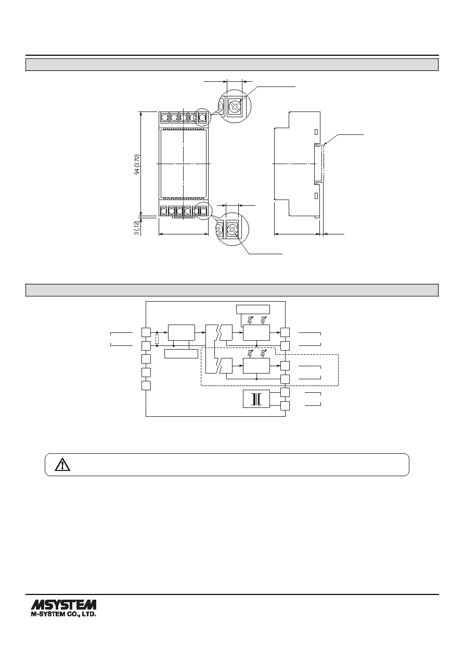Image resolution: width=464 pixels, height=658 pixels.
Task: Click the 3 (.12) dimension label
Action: point(136,228)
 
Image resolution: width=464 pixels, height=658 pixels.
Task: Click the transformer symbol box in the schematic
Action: point(256,399)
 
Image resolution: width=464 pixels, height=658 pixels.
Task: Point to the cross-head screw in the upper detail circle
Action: point(234,106)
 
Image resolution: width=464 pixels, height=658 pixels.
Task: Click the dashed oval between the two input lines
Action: point(157,339)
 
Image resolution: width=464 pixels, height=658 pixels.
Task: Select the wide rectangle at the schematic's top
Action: point(253,309)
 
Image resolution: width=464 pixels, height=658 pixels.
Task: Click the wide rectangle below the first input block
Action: point(181,354)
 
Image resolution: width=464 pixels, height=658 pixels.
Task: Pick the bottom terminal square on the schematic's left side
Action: point(146,386)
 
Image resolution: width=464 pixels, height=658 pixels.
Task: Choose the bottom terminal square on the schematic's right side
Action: point(285,406)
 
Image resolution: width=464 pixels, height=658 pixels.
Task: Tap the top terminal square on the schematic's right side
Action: point(285,332)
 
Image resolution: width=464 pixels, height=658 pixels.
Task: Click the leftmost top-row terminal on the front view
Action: point(164,118)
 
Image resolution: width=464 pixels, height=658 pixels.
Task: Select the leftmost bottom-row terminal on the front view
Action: point(164,210)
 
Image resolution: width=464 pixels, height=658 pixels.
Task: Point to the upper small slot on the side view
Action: point(316,132)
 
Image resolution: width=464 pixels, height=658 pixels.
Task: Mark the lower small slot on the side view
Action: point(316,196)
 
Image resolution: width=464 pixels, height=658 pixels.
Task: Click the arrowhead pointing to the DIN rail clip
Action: point(325,144)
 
